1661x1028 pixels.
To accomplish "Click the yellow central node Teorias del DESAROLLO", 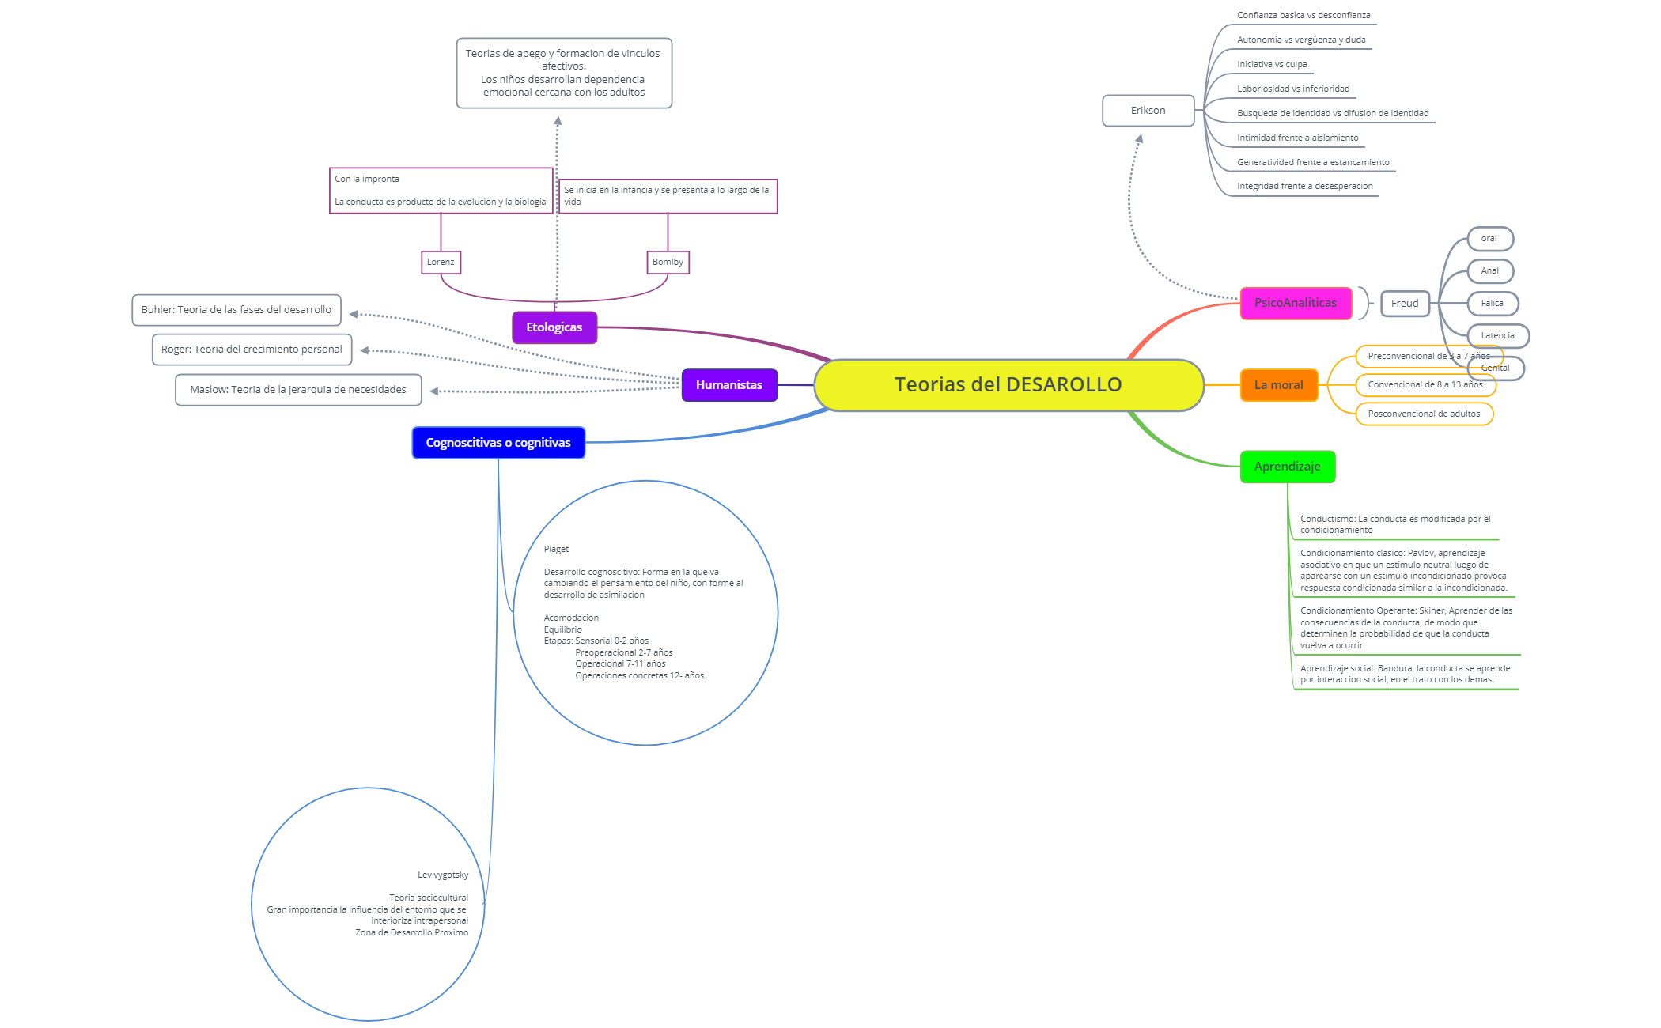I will pyautogui.click(x=1008, y=385).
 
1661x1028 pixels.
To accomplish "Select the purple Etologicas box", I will pyautogui.click(x=554, y=327).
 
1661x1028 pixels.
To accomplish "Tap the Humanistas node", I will pyautogui.click(x=728, y=385).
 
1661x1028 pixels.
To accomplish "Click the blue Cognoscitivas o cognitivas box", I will pyautogui.click(x=498, y=443).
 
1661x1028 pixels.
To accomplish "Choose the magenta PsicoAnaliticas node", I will pyautogui.click(x=1295, y=303).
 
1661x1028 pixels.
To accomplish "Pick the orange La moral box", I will pyautogui.click(x=1278, y=385).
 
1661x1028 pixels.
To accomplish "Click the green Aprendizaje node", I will pyautogui.click(x=1287, y=467).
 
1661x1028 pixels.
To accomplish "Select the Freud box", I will pyautogui.click(x=1404, y=304).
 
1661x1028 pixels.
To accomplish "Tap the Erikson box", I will pyautogui.click(x=1148, y=111).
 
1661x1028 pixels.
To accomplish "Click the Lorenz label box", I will pyautogui.click(x=441, y=262).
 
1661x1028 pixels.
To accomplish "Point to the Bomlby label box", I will pyautogui.click(x=668, y=262).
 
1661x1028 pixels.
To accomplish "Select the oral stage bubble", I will pyautogui.click(x=1489, y=239).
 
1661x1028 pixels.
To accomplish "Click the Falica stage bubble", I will pyautogui.click(x=1492, y=304).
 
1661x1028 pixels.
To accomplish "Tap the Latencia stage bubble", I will pyautogui.click(x=1497, y=336).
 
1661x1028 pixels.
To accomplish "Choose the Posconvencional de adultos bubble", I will pyautogui.click(x=1424, y=414).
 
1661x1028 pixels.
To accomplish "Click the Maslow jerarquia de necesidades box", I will pyautogui.click(x=298, y=390).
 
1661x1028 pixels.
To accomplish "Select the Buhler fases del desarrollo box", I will pyautogui.click(x=236, y=310).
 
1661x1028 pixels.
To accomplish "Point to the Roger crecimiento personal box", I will pyautogui.click(x=252, y=350).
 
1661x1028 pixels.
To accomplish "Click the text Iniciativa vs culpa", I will pyautogui.click(x=1272, y=65).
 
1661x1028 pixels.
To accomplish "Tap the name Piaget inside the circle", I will pyautogui.click(x=556, y=549).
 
